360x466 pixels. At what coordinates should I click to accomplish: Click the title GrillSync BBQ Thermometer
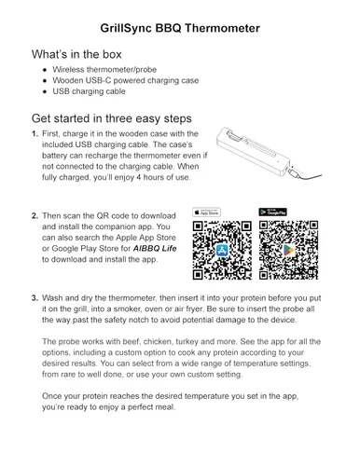click(x=180, y=28)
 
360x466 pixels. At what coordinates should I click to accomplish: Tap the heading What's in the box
click(x=76, y=54)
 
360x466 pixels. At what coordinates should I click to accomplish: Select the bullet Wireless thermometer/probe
click(x=104, y=69)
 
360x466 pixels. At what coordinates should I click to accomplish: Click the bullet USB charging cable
click(x=89, y=91)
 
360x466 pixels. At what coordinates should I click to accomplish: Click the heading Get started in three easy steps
click(x=112, y=118)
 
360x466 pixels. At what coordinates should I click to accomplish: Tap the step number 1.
click(x=35, y=134)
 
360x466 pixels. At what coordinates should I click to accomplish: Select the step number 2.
click(x=35, y=215)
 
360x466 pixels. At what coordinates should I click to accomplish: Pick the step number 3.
click(x=35, y=298)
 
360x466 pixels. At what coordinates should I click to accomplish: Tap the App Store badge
click(x=206, y=212)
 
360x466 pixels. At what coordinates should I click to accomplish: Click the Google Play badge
click(x=272, y=212)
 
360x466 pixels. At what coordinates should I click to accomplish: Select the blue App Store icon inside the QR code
click(x=222, y=250)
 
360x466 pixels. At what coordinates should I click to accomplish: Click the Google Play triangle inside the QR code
click(x=288, y=250)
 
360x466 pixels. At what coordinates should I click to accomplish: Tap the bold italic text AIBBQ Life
click(x=155, y=249)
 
